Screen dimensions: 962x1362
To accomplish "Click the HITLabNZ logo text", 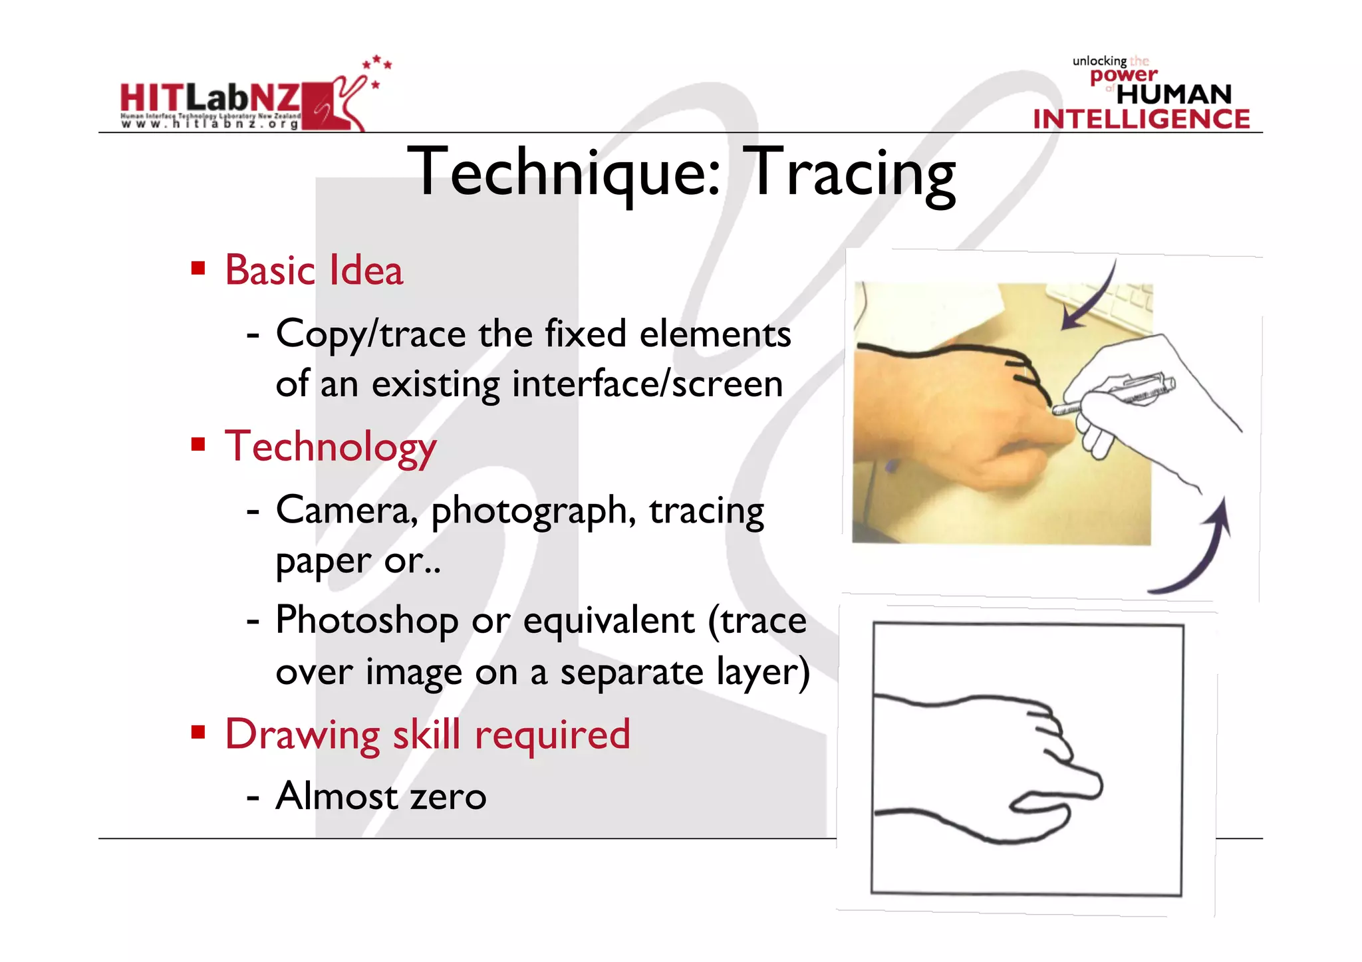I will (210, 98).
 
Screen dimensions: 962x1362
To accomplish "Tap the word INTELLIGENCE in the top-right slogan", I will (1141, 120).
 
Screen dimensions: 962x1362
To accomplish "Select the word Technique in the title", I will (564, 173).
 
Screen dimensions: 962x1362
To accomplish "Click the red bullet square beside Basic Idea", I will (198, 268).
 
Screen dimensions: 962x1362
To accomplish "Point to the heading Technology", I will (331, 447).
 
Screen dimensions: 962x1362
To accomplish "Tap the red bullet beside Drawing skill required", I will (198, 732).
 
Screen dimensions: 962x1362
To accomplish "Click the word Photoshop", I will (366, 622).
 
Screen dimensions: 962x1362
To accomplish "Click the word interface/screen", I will (647, 385).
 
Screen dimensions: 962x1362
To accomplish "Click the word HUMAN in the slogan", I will (1174, 94).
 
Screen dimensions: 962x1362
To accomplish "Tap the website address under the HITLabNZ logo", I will (210, 124).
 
